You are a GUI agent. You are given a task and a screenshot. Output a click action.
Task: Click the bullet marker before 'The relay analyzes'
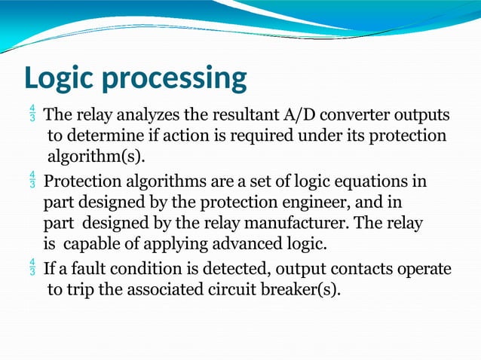click(x=32, y=116)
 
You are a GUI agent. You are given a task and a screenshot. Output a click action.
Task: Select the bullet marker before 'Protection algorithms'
click(x=32, y=182)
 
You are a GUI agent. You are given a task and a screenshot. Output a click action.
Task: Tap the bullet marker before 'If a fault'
click(x=32, y=268)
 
